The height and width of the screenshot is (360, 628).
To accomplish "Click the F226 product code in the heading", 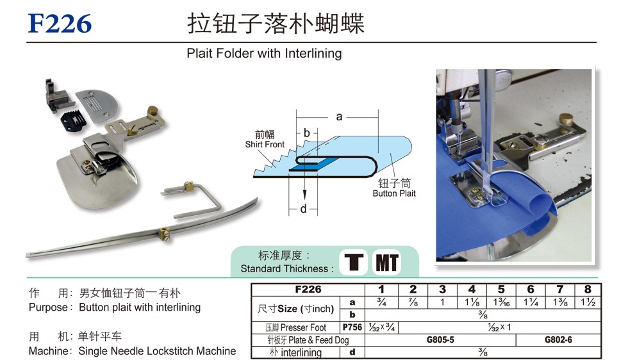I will click(60, 24).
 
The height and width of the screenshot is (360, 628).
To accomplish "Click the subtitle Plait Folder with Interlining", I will click(264, 53).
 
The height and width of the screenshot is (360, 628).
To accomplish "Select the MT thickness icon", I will click(386, 262).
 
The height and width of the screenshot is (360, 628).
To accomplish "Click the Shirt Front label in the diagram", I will click(265, 144).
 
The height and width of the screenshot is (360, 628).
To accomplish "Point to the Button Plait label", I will click(394, 193).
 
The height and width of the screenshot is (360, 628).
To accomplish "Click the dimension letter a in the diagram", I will click(340, 117).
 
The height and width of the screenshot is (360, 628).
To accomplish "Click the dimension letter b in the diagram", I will click(307, 133).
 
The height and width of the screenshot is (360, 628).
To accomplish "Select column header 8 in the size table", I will click(588, 290).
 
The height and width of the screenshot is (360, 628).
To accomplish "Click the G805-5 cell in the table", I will click(440, 340).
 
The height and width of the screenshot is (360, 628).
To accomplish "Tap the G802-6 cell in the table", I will click(559, 340).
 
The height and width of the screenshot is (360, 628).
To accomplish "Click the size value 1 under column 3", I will click(442, 302).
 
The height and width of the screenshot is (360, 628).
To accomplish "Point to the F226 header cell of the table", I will click(308, 290).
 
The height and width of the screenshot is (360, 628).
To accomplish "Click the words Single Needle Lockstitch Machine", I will click(157, 351).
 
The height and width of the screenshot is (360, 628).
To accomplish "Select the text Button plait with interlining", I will click(140, 307).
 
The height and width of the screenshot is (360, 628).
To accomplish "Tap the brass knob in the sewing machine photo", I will click(565, 119).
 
